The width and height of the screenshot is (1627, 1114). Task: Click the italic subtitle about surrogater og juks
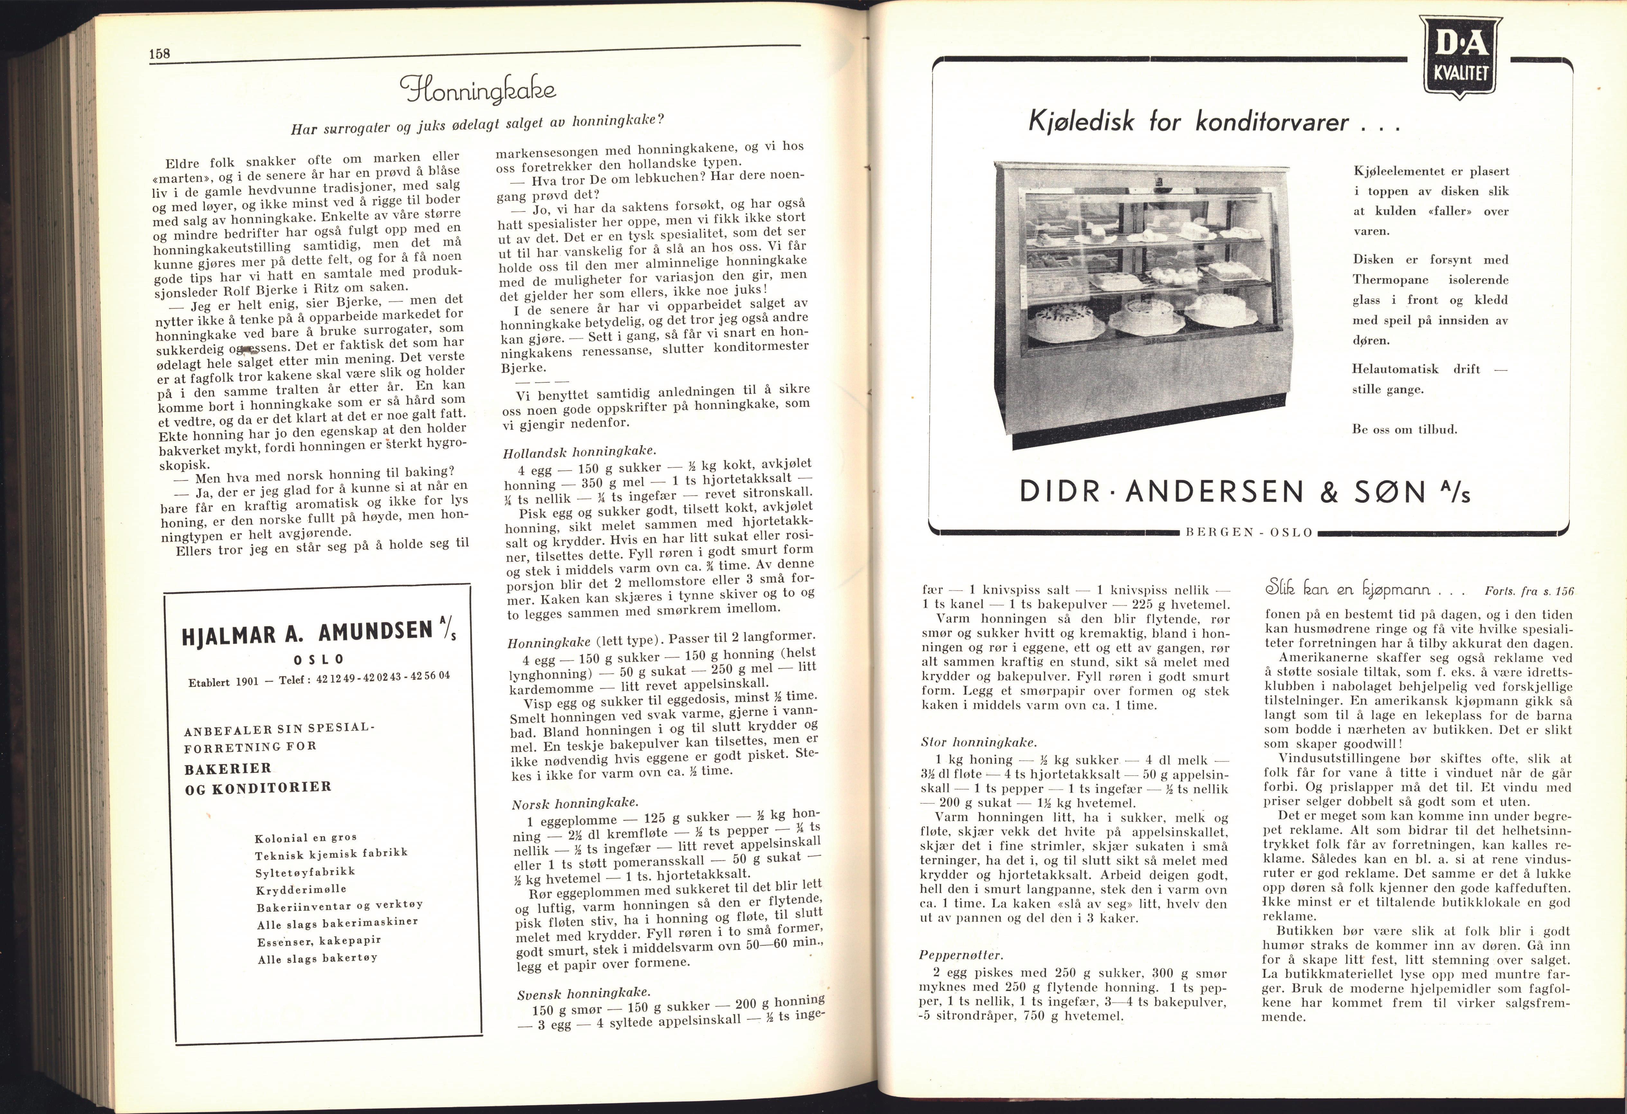pos(476,126)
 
